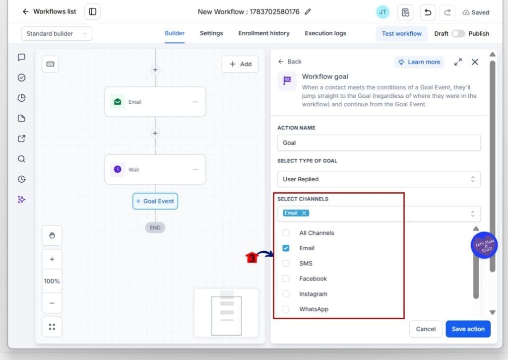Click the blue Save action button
[468, 329]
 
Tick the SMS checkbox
[286, 263]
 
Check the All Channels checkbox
[286, 233]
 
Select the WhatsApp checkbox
[286, 309]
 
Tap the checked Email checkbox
[286, 248]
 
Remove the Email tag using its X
[304, 213]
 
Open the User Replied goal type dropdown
[379, 179]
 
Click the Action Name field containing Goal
[379, 143]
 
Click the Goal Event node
[155, 201]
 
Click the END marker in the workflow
[155, 228]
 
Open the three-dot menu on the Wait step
[195, 170]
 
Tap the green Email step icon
[118, 102]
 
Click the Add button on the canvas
[240, 64]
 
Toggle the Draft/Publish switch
[458, 34]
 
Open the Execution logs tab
[325, 33]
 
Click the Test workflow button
[401, 34]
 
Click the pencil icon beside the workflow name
[308, 12]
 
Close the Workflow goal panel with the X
[475, 62]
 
